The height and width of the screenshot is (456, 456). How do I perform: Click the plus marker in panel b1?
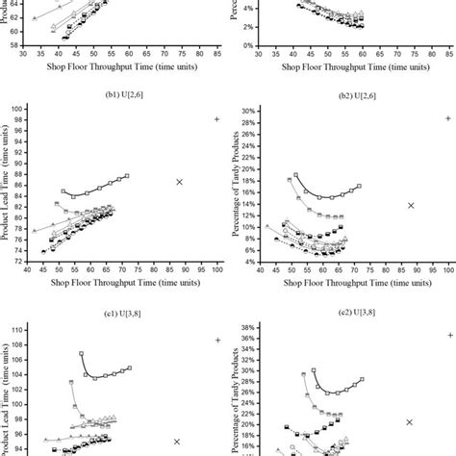pyautogui.click(x=216, y=119)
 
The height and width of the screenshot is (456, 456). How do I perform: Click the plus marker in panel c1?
pyautogui.click(x=217, y=340)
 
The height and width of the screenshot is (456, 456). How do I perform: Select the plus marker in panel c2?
pyautogui.click(x=449, y=335)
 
